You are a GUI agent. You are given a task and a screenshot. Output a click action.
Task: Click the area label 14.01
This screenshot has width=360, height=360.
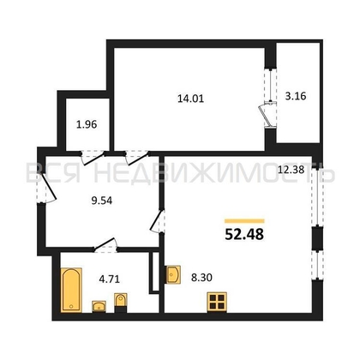(190, 99)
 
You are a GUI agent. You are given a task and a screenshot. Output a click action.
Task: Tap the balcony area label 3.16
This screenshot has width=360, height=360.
(296, 96)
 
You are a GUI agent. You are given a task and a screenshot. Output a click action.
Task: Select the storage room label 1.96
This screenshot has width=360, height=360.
(87, 124)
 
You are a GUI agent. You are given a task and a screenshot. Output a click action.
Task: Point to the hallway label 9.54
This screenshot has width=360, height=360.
(102, 201)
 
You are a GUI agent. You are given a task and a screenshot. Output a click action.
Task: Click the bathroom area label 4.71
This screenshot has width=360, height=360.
(109, 279)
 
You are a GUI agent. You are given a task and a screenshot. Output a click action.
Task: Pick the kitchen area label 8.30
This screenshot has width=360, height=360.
(201, 277)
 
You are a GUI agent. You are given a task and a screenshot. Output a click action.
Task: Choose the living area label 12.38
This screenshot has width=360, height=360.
(291, 171)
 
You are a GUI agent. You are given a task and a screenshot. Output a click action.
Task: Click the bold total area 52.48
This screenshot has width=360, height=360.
(244, 235)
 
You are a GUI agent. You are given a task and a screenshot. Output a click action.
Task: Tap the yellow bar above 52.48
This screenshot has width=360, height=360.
(244, 221)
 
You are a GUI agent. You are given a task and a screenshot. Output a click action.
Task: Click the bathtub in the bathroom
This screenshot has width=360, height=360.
(71, 290)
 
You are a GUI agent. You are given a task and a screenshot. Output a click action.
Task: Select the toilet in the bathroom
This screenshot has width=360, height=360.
(121, 303)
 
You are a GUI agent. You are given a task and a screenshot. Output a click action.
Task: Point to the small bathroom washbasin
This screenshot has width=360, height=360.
(99, 307)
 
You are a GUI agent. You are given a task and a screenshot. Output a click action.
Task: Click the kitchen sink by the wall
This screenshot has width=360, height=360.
(173, 274)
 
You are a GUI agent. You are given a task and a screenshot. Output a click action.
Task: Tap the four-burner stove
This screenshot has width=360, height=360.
(217, 302)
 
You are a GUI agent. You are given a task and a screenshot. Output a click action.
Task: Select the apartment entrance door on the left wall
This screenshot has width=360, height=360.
(46, 188)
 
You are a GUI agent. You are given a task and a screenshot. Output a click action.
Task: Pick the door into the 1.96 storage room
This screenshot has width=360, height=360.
(93, 158)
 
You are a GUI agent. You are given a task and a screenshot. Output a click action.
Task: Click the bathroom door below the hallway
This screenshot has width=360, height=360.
(105, 245)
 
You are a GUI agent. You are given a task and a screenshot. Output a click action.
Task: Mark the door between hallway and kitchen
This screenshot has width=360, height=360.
(157, 221)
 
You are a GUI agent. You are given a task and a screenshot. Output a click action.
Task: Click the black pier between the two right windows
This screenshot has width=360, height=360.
(317, 237)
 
